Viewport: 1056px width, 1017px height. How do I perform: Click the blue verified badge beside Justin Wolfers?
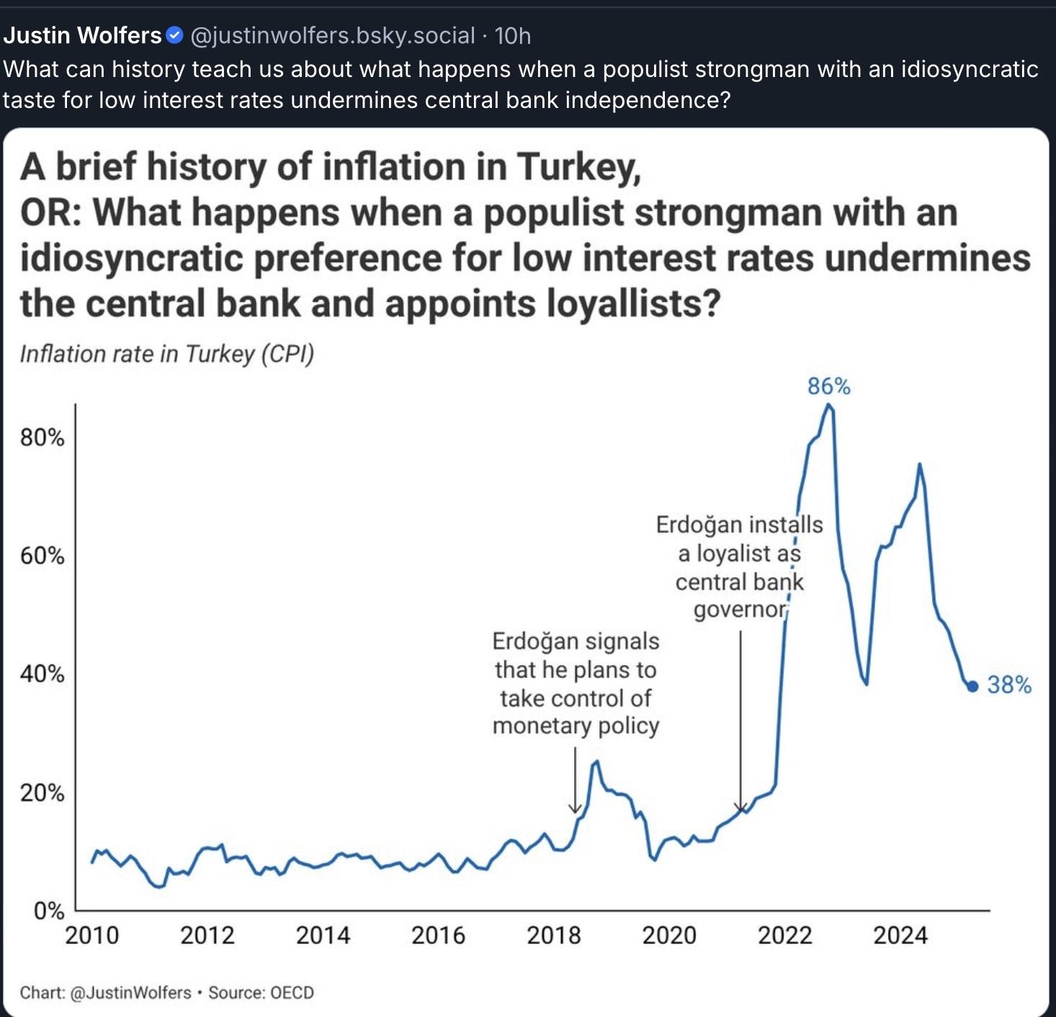coord(174,35)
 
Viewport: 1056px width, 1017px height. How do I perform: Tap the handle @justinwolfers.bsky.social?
coord(332,35)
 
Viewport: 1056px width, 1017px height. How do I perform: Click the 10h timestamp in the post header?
coord(513,35)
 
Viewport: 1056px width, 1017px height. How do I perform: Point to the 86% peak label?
coord(828,387)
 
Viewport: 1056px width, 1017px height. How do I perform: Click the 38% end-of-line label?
coord(1009,684)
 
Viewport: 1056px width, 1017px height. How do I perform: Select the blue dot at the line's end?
coord(972,686)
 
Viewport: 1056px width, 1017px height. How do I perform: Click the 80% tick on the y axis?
coord(42,438)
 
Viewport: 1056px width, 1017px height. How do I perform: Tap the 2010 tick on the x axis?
coord(92,936)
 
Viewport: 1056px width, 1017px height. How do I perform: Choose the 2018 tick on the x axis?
coord(554,936)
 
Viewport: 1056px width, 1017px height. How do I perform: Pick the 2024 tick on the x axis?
coord(900,936)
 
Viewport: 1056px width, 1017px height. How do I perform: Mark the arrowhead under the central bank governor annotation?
coord(740,808)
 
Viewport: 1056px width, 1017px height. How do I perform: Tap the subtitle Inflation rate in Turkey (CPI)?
coord(167,354)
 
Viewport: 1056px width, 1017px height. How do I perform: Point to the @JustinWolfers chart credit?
coord(132,993)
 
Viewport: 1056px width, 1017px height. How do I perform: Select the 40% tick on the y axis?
coord(42,674)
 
